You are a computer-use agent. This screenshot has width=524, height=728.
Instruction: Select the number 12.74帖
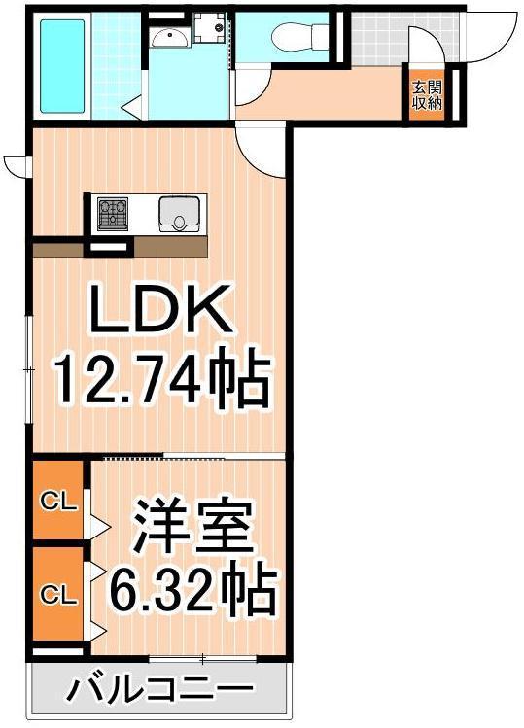point(159,382)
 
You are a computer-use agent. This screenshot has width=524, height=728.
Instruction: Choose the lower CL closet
point(58,594)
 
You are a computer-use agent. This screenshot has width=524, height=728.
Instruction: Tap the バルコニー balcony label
point(160,692)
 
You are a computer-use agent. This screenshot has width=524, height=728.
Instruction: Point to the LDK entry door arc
point(261,146)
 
